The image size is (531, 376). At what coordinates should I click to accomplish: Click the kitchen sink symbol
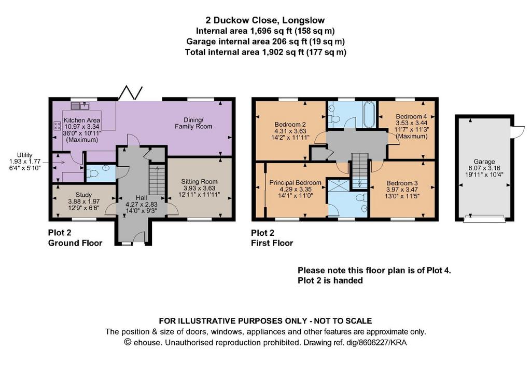[80, 105]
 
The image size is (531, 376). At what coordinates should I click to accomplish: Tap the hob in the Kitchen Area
[57, 126]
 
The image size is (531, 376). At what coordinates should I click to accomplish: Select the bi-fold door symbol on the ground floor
[130, 93]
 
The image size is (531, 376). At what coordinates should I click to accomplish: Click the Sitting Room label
[199, 181]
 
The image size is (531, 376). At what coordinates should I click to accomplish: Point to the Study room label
[83, 195]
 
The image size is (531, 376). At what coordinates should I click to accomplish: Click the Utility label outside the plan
[25, 155]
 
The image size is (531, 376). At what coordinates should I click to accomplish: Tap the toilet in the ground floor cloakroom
[92, 173]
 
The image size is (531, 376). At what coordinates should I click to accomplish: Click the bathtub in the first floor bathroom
[369, 114]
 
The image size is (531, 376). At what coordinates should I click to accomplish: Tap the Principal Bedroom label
[295, 183]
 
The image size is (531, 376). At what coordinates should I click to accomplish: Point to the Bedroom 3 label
[402, 183]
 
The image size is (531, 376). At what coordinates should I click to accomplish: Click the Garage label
[484, 162]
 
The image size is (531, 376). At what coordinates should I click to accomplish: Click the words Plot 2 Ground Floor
[75, 238]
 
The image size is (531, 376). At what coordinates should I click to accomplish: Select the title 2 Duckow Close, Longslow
[265, 20]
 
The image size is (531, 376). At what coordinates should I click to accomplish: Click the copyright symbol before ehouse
[128, 342]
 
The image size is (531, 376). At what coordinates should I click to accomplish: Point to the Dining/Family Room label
[193, 123]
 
